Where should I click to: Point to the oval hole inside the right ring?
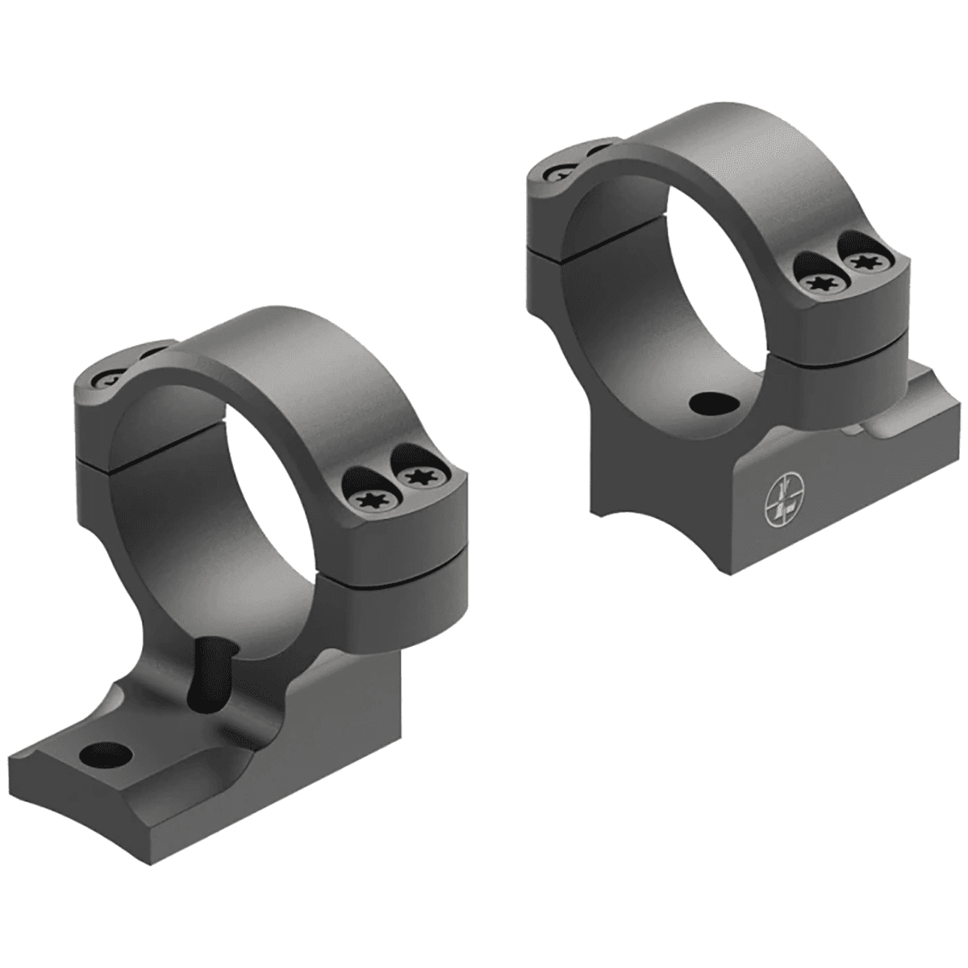tap(711, 403)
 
